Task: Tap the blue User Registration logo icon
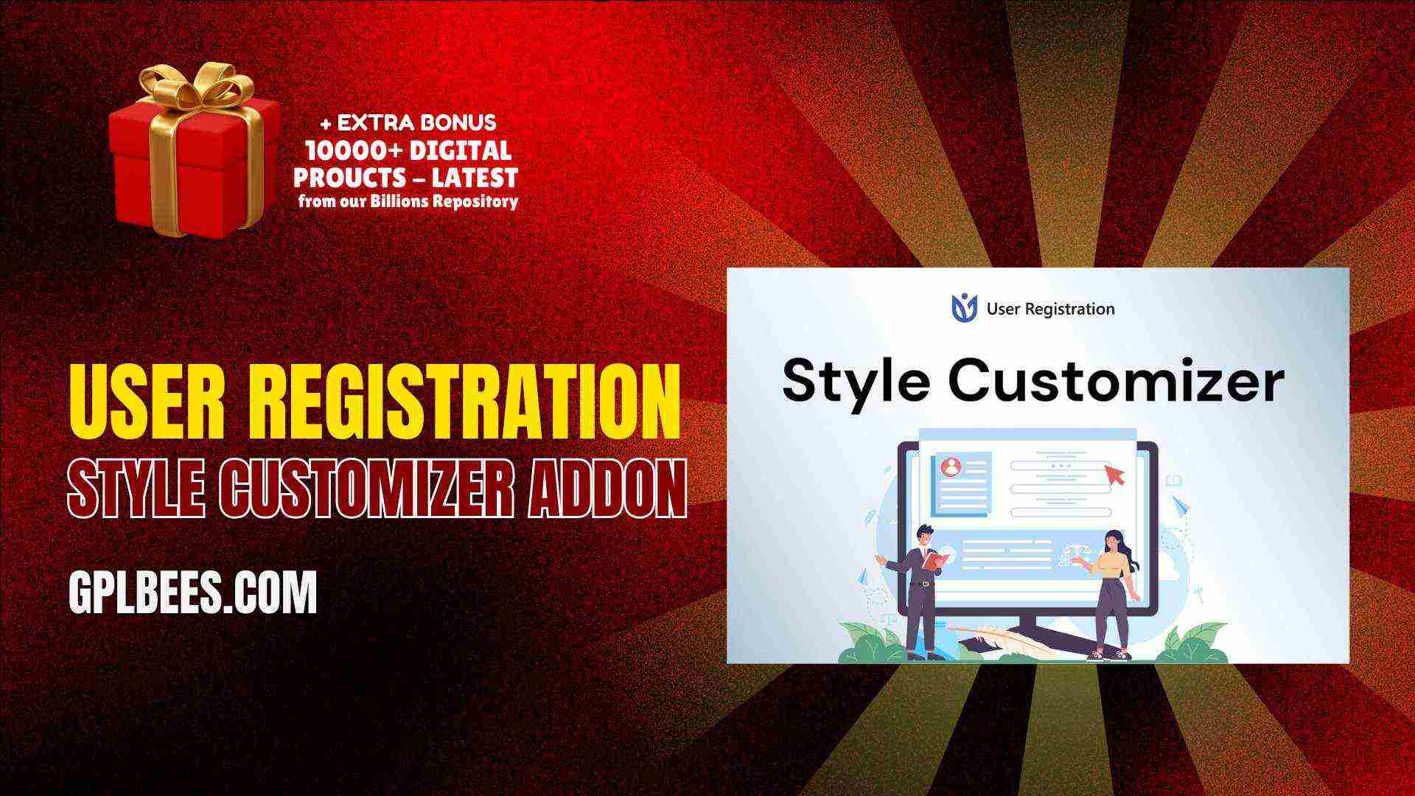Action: [964, 308]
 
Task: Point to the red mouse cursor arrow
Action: [1114, 474]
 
